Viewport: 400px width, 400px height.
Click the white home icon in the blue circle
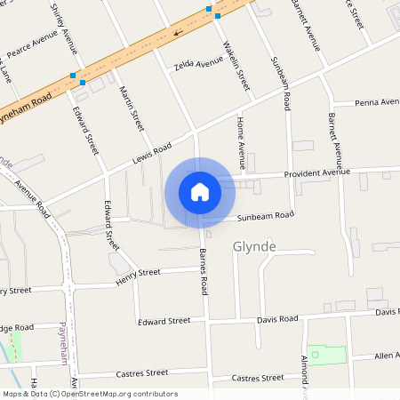coord(200,191)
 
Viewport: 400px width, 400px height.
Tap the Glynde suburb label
coord(254,246)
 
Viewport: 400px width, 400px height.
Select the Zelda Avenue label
coord(198,63)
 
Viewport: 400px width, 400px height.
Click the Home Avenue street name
coord(240,142)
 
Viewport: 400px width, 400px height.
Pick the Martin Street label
coord(132,108)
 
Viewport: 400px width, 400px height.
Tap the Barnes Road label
coord(204,272)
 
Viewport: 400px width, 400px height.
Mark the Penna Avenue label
coord(377,102)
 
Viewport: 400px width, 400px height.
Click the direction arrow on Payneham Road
coord(178,33)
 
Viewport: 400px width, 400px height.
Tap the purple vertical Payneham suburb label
coord(63,342)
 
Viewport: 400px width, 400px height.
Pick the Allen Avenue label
coord(386,356)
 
